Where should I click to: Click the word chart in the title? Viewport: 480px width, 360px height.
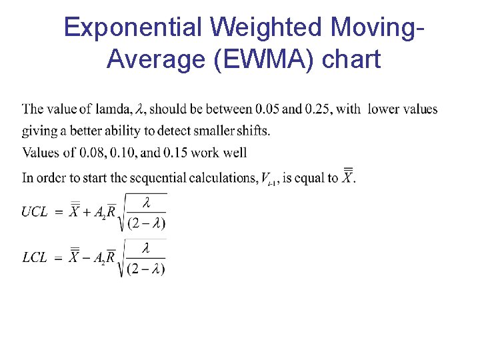point(351,59)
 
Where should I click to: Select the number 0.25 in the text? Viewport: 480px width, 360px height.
point(318,109)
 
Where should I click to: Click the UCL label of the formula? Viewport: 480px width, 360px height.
point(35,212)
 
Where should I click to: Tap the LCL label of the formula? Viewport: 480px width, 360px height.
point(35,257)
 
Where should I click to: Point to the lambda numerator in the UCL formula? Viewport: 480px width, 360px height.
point(146,202)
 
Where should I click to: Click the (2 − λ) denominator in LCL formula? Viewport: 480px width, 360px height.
point(146,269)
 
